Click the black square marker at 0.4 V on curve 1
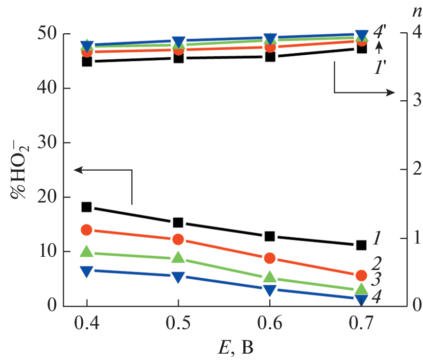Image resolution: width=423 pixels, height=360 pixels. [87, 207]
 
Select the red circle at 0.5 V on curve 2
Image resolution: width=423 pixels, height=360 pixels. [178, 239]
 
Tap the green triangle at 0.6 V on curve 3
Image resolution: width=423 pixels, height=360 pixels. [269, 278]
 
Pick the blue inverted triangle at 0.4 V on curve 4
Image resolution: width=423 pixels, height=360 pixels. [87, 272]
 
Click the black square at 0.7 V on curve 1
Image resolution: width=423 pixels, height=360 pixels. [361, 245]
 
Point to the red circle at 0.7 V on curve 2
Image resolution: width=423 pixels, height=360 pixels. [361, 275]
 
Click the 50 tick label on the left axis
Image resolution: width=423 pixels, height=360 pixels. [47, 35]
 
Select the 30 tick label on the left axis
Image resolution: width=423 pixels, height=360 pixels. [47, 143]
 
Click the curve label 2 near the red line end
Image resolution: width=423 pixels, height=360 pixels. [376, 264]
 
